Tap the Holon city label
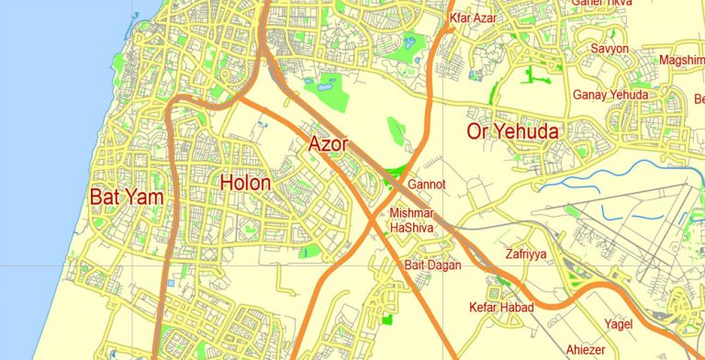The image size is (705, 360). pos(245,183)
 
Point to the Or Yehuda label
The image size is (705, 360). pos(512,131)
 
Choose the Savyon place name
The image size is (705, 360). pos(610,48)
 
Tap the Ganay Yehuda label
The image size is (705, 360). pos(610,95)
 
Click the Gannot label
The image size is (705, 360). pos(426,185)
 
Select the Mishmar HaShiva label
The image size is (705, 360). pos(411,220)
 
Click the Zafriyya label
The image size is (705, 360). pos(526,254)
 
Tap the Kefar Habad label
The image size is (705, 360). pos(500,307)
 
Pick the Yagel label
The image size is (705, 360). pos(618,323)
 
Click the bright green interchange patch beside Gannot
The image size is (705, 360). pos(397,172)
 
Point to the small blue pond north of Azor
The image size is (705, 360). pos(308,85)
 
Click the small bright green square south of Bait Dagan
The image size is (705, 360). pos(386,320)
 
